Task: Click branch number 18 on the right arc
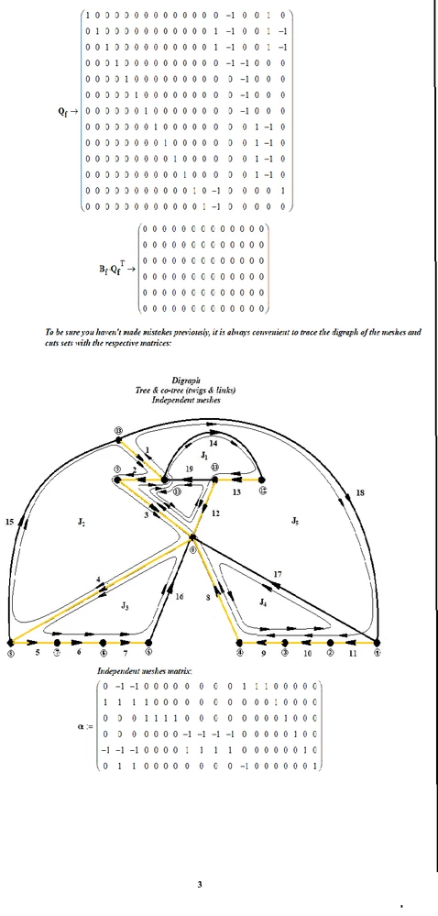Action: [360, 493]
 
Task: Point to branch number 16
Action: [180, 596]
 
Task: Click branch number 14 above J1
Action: [214, 443]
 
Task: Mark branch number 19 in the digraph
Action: [187, 469]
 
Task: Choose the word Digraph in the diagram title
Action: [192, 380]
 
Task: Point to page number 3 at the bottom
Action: [200, 884]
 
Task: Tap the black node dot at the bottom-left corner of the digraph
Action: [10, 642]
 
